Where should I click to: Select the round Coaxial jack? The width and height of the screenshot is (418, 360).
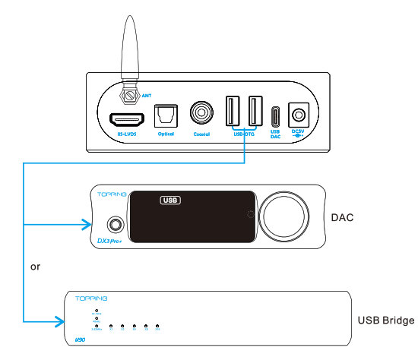(202, 115)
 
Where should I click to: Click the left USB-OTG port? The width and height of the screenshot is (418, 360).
(233, 112)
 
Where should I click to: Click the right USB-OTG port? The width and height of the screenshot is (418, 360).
(255, 112)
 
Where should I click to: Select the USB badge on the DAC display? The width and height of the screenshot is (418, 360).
(170, 201)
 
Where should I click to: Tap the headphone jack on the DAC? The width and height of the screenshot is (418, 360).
(116, 224)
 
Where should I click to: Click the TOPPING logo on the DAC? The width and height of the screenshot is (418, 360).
(107, 194)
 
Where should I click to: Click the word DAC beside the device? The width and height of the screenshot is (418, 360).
(343, 218)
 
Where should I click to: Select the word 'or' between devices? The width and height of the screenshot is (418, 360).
(35, 267)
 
